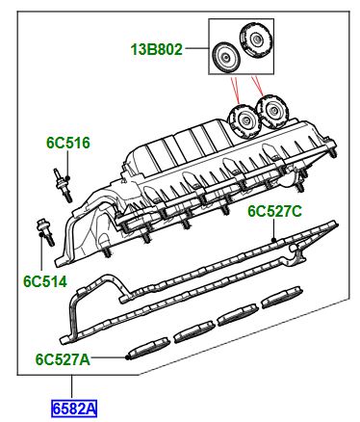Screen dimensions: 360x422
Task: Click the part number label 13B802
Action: click(156, 50)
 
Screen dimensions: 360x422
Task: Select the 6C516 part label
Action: click(68, 143)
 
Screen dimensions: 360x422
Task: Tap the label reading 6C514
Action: click(45, 281)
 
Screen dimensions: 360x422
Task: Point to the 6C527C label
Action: click(274, 211)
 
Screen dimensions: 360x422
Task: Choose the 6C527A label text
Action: click(63, 359)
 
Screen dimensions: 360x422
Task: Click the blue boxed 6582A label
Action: click(74, 409)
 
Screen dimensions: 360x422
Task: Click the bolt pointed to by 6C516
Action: click(62, 185)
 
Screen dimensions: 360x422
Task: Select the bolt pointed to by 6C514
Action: click(45, 232)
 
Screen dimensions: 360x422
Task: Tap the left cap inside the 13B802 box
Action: click(224, 58)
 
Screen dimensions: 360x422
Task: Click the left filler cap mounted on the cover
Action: click(244, 120)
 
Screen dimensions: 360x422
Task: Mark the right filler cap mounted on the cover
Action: click(272, 111)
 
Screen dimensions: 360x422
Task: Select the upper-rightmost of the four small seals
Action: click(282, 297)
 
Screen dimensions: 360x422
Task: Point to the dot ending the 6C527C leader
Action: click(273, 240)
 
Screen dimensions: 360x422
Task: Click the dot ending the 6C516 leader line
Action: click(67, 178)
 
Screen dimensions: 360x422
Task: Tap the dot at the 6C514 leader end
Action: click(41, 234)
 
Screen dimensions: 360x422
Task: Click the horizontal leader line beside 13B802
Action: click(197, 48)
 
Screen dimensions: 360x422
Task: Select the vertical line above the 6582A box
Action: click(72, 388)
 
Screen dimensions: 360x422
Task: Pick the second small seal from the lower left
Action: click(194, 331)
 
